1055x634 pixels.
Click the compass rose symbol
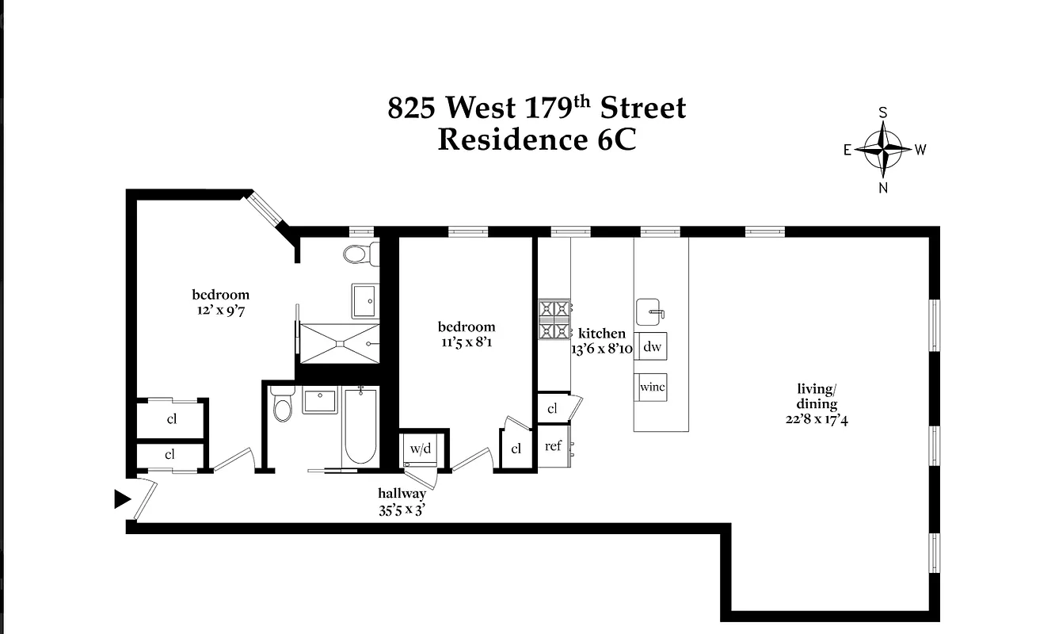pyautogui.click(x=883, y=148)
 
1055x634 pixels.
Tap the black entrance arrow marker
pyautogui.click(x=122, y=498)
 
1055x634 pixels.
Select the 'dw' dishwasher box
pyautogui.click(x=652, y=346)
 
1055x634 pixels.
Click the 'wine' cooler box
pyautogui.click(x=652, y=388)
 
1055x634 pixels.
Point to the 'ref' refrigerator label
pyautogui.click(x=553, y=446)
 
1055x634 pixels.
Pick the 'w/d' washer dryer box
pyautogui.click(x=419, y=449)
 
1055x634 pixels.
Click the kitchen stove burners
pyautogui.click(x=554, y=319)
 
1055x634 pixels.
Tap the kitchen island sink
pyautogui.click(x=649, y=310)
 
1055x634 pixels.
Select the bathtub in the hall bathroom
pyautogui.click(x=360, y=428)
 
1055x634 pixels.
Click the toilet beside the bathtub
pyautogui.click(x=283, y=406)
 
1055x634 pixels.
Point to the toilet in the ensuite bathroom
pyautogui.click(x=358, y=254)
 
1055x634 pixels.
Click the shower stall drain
pyautogui.click(x=339, y=343)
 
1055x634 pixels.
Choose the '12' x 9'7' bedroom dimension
pyautogui.click(x=220, y=311)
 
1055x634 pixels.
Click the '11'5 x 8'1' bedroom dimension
pyautogui.click(x=467, y=342)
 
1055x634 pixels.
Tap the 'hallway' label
pyautogui.click(x=402, y=494)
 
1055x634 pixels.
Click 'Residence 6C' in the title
pyautogui.click(x=536, y=140)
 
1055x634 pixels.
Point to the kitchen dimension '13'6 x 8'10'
pyautogui.click(x=602, y=349)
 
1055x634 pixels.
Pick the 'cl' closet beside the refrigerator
pyautogui.click(x=552, y=409)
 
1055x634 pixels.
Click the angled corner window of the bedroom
pyautogui.click(x=265, y=208)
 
